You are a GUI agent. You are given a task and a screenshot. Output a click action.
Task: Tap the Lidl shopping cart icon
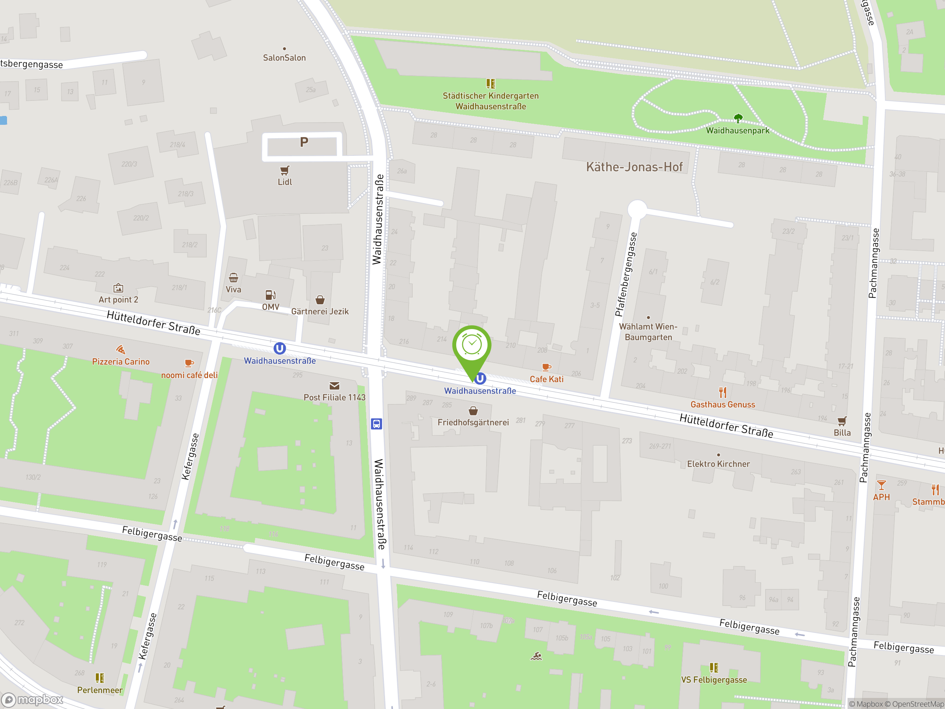[285, 171]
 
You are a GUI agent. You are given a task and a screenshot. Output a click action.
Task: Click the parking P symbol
[304, 142]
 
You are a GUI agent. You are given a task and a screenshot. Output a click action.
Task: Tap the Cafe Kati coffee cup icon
[546, 367]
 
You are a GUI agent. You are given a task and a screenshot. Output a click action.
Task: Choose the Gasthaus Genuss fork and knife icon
[722, 392]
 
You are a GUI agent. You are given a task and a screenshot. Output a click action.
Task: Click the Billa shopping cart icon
[842, 421]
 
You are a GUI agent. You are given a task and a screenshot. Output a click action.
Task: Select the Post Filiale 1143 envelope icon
[334, 386]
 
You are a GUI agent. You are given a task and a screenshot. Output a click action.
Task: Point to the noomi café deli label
[189, 375]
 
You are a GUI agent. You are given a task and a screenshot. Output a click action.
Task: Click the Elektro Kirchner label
[718, 464]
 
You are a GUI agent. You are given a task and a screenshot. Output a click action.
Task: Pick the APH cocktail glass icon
[881, 486]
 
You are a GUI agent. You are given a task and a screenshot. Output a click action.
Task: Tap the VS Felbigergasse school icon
[714, 668]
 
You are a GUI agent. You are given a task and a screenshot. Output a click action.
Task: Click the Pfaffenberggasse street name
[626, 274]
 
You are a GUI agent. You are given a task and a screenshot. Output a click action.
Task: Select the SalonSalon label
[284, 58]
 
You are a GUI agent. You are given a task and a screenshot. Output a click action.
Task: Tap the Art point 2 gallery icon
[118, 288]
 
